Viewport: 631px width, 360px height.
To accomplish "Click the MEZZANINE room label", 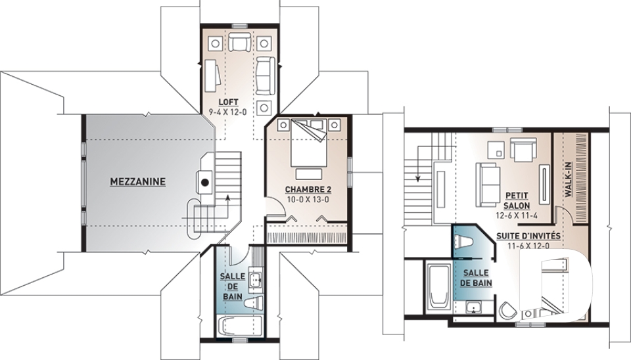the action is pyautogui.click(x=137, y=182).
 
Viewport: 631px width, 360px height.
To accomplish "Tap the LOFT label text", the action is pyautogui.click(x=228, y=102).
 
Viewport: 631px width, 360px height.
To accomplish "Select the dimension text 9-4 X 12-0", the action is pyautogui.click(x=228, y=112).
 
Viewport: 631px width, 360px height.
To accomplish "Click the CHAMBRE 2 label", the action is pyautogui.click(x=308, y=189).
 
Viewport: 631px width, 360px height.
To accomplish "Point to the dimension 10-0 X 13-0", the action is pyautogui.click(x=308, y=199).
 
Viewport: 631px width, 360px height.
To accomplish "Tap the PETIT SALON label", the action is pyautogui.click(x=517, y=200).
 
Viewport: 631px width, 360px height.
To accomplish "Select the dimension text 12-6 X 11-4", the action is pyautogui.click(x=517, y=215).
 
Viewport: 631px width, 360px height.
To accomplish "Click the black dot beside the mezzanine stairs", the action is pyautogui.click(x=205, y=183).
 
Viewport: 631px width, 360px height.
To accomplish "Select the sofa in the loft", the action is pyautogui.click(x=265, y=76).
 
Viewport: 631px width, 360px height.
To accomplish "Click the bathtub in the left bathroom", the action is pyautogui.click(x=239, y=326).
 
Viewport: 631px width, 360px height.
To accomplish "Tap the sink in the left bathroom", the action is pyautogui.click(x=255, y=279).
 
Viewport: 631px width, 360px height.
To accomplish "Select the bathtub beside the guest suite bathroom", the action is pyautogui.click(x=438, y=286).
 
